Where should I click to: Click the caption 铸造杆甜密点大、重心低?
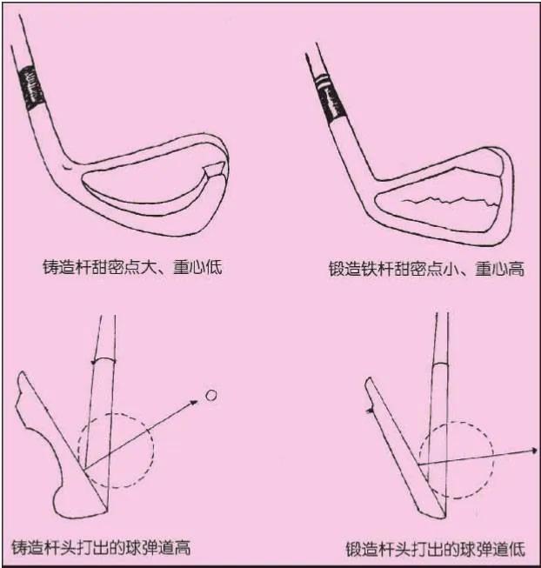coord(132,266)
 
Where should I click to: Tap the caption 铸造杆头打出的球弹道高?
coord(102,547)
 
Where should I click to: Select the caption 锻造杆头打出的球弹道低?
coord(435,549)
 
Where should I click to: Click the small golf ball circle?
coord(210,396)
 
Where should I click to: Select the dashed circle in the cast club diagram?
coord(116,449)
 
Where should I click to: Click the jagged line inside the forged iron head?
coord(444,203)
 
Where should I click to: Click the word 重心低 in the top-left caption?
coord(201,266)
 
